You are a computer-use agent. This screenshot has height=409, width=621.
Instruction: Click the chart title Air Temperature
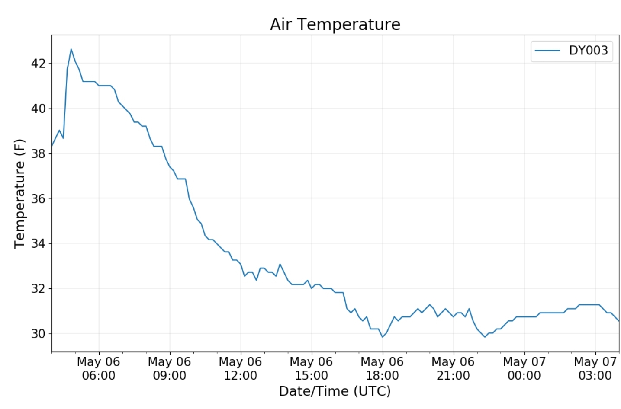coord(335,24)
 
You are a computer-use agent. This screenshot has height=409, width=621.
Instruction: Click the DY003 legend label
coord(588,51)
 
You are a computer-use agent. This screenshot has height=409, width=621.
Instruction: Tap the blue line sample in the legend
coord(547,51)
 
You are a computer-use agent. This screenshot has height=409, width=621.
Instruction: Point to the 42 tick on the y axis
coord(38,64)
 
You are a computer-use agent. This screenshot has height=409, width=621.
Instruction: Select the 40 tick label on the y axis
coord(38,109)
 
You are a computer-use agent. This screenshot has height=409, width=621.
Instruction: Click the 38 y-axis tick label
coord(38,153)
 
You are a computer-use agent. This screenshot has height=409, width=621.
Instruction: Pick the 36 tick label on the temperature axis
coord(38,198)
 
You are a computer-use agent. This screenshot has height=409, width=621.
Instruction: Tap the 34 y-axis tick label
coord(38,243)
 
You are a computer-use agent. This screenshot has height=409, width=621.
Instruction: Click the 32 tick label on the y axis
coord(38,288)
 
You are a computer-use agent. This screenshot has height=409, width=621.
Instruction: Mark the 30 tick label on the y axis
coord(38,333)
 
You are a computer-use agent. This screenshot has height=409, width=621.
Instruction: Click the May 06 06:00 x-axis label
coord(99,368)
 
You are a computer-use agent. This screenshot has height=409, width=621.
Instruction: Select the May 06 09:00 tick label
coord(170,368)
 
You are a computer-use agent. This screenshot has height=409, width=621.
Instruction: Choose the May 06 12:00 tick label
coord(241,368)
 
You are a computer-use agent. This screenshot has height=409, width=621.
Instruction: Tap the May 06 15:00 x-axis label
coord(312,368)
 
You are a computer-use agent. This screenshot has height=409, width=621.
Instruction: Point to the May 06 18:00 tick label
coord(383,368)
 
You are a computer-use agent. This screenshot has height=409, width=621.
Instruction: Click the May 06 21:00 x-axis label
coord(453,368)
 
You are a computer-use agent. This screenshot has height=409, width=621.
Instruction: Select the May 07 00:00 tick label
coord(524,368)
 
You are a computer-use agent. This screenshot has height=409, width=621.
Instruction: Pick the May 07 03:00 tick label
coord(595,368)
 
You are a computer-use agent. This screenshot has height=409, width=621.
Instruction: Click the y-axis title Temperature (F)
coord(19,193)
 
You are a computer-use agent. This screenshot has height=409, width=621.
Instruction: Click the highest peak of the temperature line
coord(71,49)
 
